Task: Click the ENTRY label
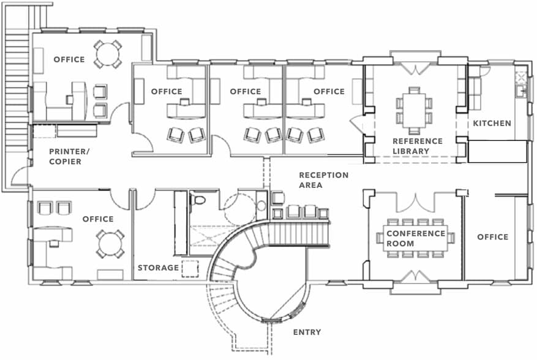coord(307,332)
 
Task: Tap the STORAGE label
coord(158,268)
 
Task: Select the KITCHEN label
coord(492,123)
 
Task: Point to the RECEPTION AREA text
coord(323,179)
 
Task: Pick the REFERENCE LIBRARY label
coord(417,146)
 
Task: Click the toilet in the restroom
coord(198,200)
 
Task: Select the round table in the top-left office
coord(108,53)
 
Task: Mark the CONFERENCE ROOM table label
coord(415,238)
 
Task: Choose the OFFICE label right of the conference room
coord(492,237)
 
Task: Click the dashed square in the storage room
coord(190,268)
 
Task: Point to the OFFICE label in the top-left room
coord(69,59)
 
